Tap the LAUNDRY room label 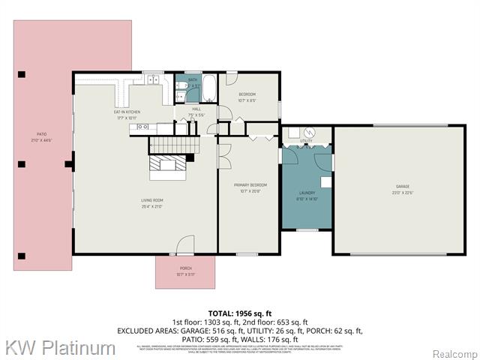tap(307, 193)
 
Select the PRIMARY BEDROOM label tap(250, 184)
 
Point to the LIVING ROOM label tap(152, 200)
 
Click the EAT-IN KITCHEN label tap(127, 112)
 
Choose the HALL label tap(196, 109)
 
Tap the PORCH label tap(185, 268)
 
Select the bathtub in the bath tap(209, 89)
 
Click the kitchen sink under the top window tap(153, 81)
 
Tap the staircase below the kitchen tap(172, 144)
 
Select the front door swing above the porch tap(184, 245)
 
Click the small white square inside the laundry tap(325, 181)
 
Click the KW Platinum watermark tap(61, 348)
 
